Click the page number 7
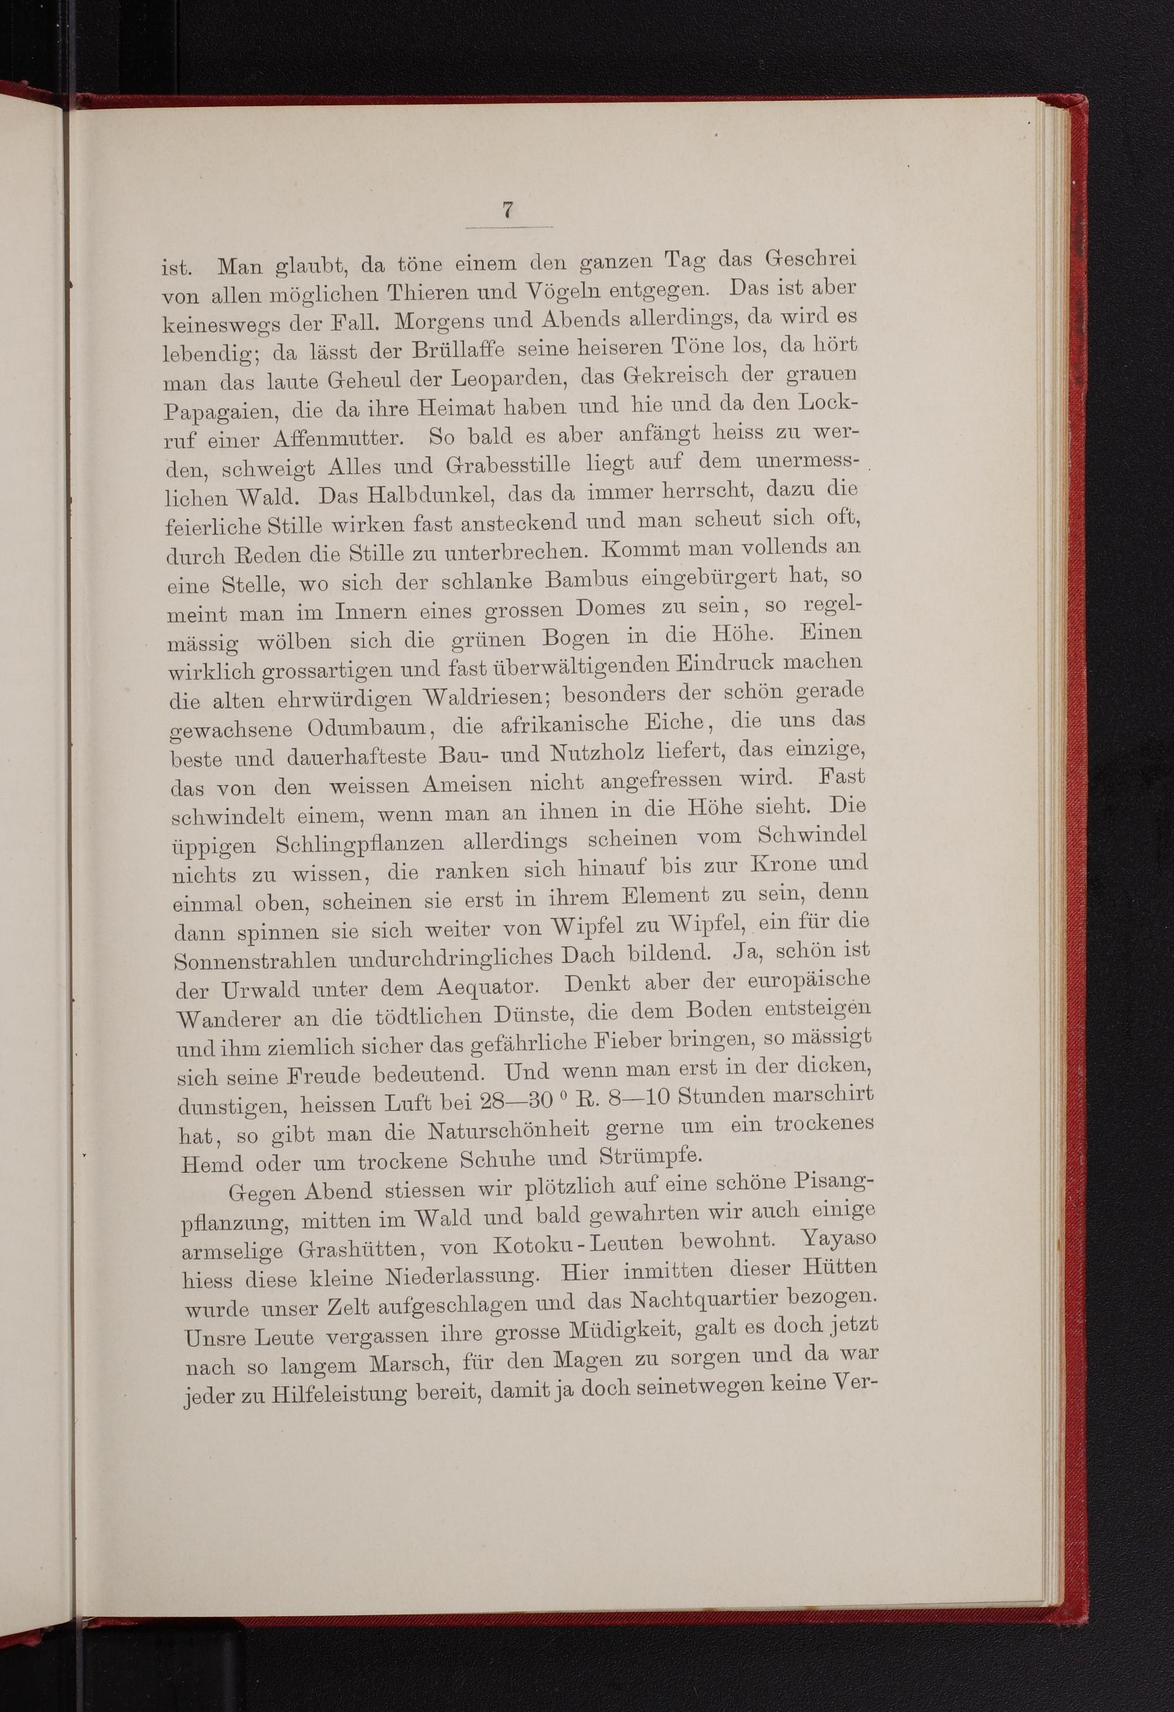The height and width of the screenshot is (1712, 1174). tap(507, 210)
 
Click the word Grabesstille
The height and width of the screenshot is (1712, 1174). tap(507, 466)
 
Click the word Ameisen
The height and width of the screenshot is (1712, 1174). tap(466, 784)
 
